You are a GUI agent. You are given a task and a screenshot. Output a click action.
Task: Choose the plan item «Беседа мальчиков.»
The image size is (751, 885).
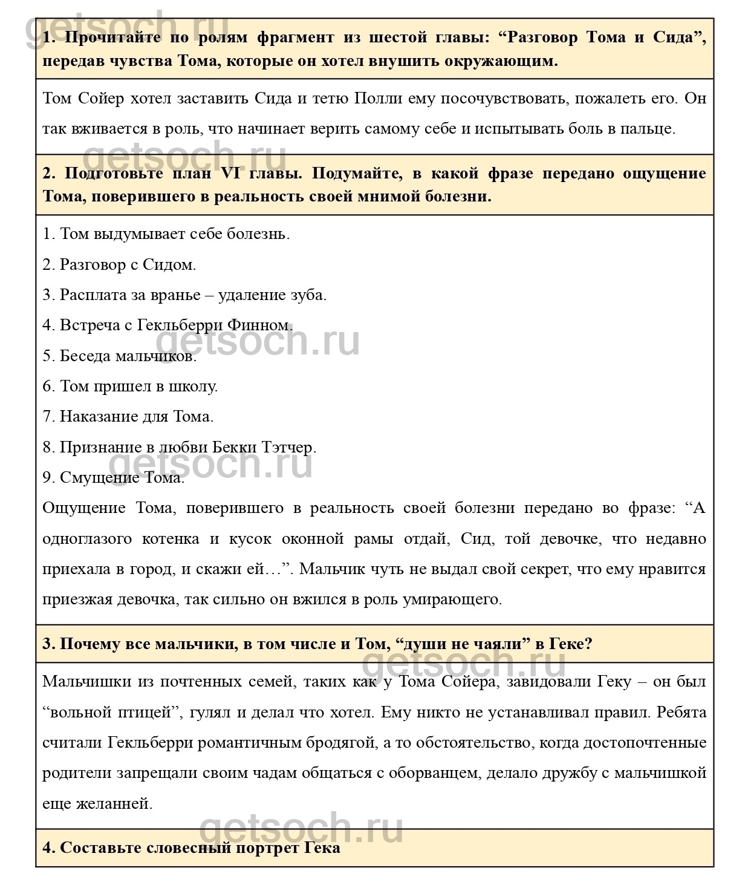120,356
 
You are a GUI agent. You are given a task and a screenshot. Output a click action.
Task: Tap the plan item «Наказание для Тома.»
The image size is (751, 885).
128,417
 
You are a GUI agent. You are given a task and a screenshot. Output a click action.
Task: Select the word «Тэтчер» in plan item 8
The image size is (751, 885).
288,448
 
